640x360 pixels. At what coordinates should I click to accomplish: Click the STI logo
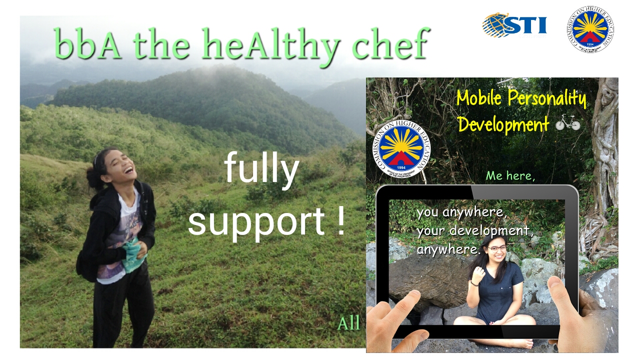point(514,25)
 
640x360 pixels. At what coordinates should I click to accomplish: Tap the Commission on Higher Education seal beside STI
point(590,29)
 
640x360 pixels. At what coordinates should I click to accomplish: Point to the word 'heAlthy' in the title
point(272,47)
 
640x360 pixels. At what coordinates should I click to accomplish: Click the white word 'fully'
point(261,170)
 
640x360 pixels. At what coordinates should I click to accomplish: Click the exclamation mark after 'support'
point(341,220)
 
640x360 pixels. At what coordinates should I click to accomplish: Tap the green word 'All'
point(348,323)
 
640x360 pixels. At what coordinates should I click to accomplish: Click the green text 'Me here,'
point(510,175)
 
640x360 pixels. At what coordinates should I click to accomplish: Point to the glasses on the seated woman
point(496,248)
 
